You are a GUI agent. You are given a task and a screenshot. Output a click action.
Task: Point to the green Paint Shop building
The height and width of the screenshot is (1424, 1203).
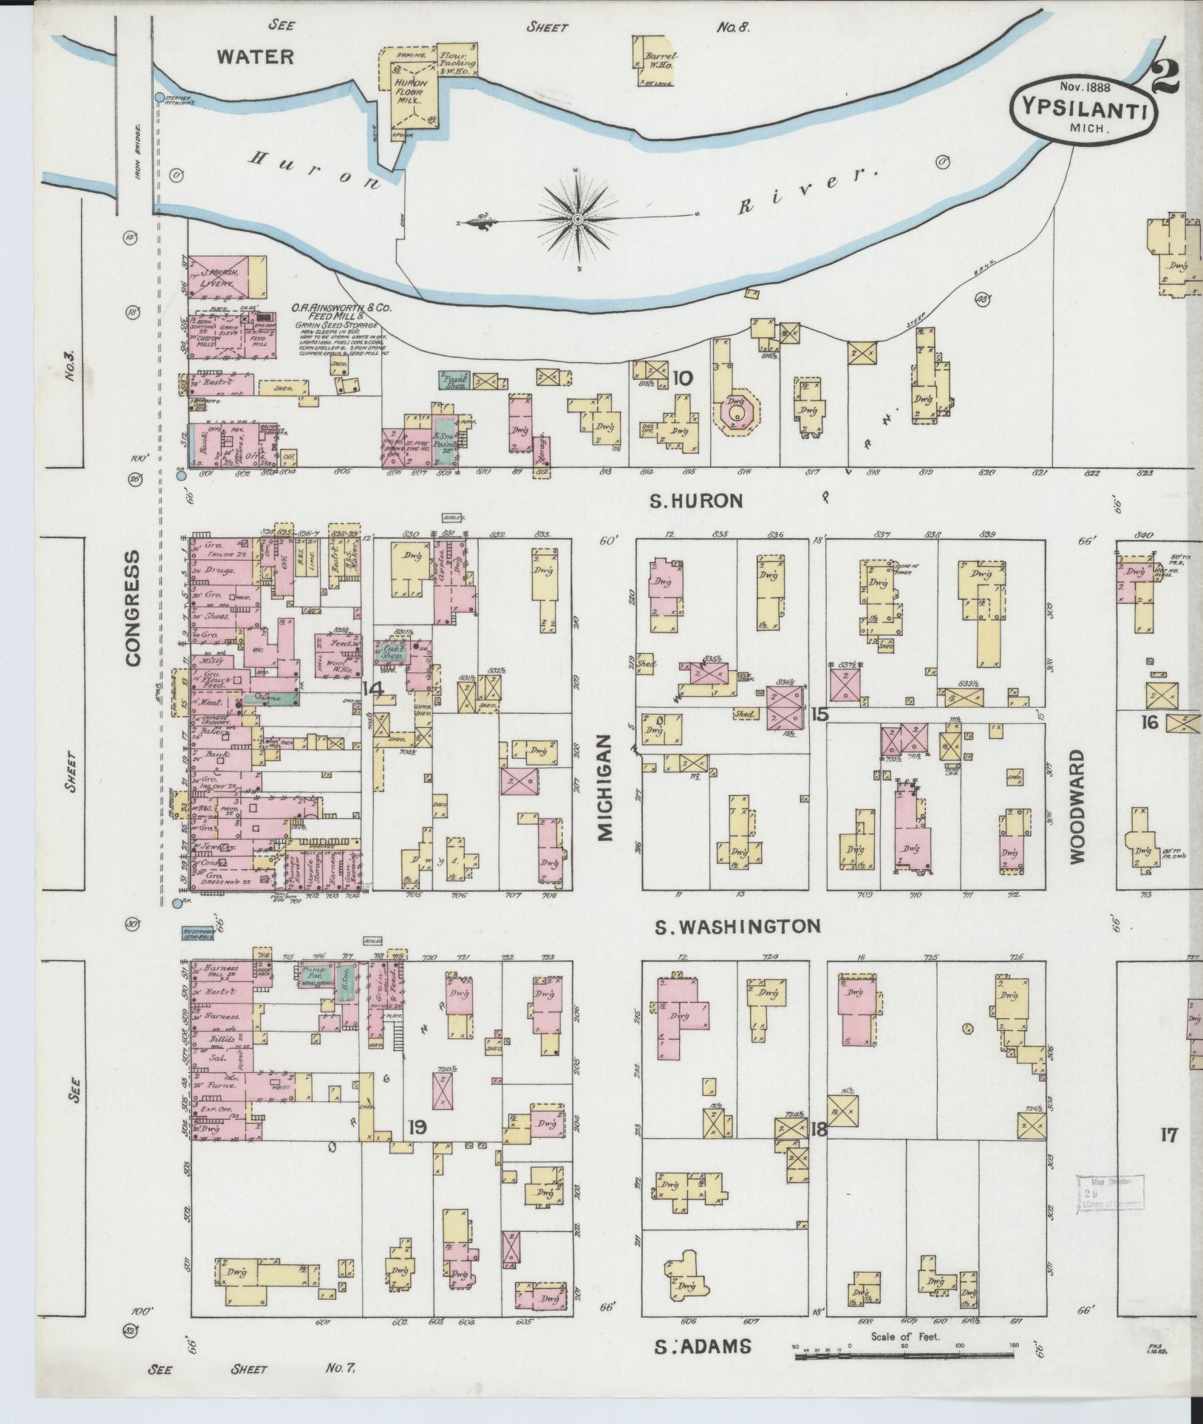pos(454,381)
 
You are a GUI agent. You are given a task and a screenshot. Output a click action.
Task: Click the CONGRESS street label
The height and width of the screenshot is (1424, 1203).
pos(133,608)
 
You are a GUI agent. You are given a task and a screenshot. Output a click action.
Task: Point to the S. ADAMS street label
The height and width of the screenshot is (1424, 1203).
pos(703,1346)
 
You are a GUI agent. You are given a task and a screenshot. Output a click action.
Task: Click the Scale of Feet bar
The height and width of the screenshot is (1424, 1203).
pos(903,1355)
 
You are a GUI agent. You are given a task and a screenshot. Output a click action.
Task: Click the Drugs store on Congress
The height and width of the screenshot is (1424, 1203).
pos(222,570)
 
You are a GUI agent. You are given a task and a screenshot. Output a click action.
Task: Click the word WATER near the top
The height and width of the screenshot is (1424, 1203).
pos(256,57)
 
